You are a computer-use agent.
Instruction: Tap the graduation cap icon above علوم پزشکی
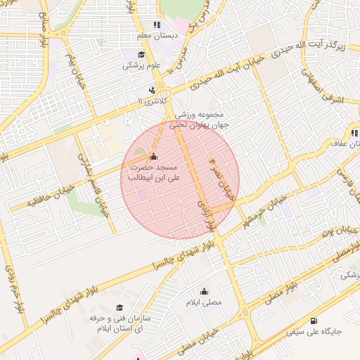tap(141, 55)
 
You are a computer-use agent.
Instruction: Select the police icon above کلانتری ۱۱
tap(152, 90)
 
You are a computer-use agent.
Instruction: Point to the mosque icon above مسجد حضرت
tap(154, 156)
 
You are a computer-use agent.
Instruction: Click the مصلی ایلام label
tap(204, 302)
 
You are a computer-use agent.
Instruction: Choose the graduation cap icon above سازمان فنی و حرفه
tap(120, 308)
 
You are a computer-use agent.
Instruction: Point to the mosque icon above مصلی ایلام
tap(205, 292)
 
